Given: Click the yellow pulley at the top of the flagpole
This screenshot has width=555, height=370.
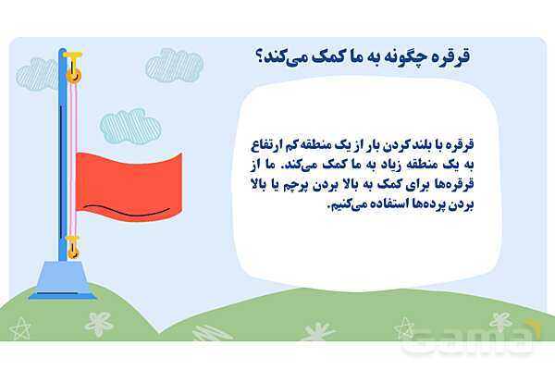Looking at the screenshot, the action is (74, 75).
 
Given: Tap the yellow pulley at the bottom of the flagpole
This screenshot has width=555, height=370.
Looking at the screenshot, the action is (73, 252).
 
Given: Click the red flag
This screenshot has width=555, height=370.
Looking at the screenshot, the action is (129, 187).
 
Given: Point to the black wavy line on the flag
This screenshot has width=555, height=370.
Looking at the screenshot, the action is (127, 211).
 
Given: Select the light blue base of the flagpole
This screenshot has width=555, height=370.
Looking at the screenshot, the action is (63, 280).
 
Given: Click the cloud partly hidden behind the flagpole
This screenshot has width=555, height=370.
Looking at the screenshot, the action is (37, 75).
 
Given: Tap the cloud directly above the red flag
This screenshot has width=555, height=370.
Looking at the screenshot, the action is (130, 127).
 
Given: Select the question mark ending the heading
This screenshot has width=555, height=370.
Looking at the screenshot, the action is (259, 56).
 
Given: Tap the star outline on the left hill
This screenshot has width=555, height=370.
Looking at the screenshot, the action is (19, 328).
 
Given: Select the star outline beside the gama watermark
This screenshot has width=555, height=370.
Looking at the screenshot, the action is (404, 327).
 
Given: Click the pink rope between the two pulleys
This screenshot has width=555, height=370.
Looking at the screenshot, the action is (73, 159).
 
